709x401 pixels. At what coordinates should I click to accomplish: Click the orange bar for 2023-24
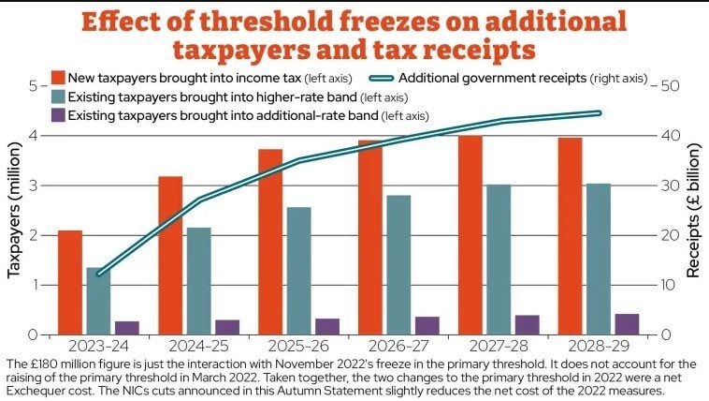[x=70, y=282]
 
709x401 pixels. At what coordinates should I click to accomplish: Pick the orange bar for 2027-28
[x=470, y=234]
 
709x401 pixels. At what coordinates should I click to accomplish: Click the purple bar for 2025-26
[x=327, y=326]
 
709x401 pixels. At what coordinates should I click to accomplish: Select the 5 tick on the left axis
[x=34, y=85]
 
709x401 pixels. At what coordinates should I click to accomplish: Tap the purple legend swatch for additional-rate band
[x=58, y=115]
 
